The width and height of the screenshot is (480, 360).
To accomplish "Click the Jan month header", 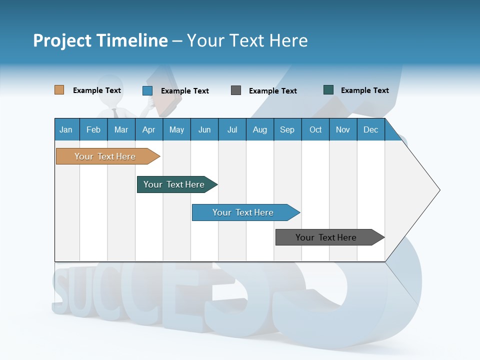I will point(66,129).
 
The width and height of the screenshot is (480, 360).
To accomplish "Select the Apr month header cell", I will point(149,129).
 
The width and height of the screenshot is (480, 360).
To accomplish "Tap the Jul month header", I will point(232,129).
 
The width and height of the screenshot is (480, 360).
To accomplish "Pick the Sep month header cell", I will point(287,129).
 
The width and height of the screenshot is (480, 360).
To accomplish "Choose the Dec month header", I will point(370,129).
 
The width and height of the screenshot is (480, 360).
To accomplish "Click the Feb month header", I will point(93,129).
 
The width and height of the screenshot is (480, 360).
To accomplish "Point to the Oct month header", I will point(315,129).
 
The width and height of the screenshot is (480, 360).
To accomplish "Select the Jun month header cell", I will point(204,129).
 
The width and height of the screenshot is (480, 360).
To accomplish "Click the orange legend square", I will point(59,90).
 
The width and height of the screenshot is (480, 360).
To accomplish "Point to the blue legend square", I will point(147,90).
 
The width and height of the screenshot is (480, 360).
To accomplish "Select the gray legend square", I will point(236,90).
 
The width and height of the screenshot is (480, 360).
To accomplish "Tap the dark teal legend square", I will point(328,90).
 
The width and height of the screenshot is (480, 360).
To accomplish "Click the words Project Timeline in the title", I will point(100,40).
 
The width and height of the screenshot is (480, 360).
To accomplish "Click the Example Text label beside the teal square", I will point(364,90).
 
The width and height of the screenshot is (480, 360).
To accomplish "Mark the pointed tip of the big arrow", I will point(438,190).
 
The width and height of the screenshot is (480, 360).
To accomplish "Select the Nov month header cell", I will point(343,129).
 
